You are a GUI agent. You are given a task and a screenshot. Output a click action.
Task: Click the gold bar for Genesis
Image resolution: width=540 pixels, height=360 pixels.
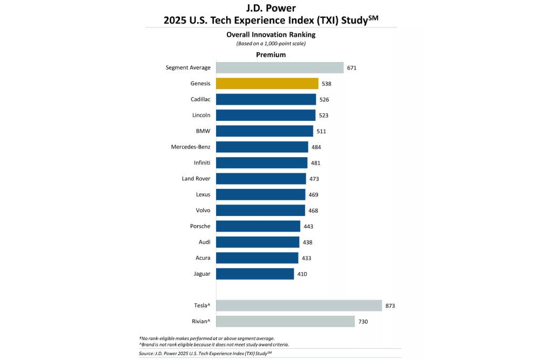267,84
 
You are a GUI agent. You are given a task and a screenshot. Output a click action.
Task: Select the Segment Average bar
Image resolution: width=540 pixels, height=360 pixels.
280,67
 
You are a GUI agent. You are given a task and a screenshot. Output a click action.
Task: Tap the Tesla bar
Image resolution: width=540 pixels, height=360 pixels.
299,305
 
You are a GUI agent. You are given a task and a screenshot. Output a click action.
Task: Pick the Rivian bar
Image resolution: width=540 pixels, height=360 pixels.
285,322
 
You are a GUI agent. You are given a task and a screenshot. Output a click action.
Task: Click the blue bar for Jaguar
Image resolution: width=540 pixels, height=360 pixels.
255,274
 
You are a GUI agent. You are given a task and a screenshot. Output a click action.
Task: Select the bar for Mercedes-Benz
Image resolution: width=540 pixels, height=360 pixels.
262,147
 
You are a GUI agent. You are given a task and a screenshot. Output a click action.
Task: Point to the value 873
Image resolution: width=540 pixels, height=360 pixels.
390,306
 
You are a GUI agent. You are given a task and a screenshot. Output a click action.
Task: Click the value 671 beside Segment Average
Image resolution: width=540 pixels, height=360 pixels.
352,68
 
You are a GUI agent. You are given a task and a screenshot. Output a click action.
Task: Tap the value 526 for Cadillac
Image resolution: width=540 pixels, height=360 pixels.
324,100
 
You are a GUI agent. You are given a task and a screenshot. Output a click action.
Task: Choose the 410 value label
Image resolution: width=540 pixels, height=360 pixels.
302,274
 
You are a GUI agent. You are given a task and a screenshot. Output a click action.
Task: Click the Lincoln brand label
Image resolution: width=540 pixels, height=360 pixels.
200,115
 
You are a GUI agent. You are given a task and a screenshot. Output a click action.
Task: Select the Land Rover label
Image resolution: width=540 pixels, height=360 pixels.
196,178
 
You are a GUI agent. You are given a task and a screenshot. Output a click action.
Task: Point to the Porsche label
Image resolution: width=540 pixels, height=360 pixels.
199,226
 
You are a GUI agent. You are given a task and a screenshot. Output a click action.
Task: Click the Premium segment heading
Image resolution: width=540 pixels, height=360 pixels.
271,55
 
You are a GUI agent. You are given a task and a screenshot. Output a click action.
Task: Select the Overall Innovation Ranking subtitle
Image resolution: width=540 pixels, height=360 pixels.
271,35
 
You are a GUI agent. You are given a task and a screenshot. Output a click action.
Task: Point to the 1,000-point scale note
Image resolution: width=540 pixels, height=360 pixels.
271,43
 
